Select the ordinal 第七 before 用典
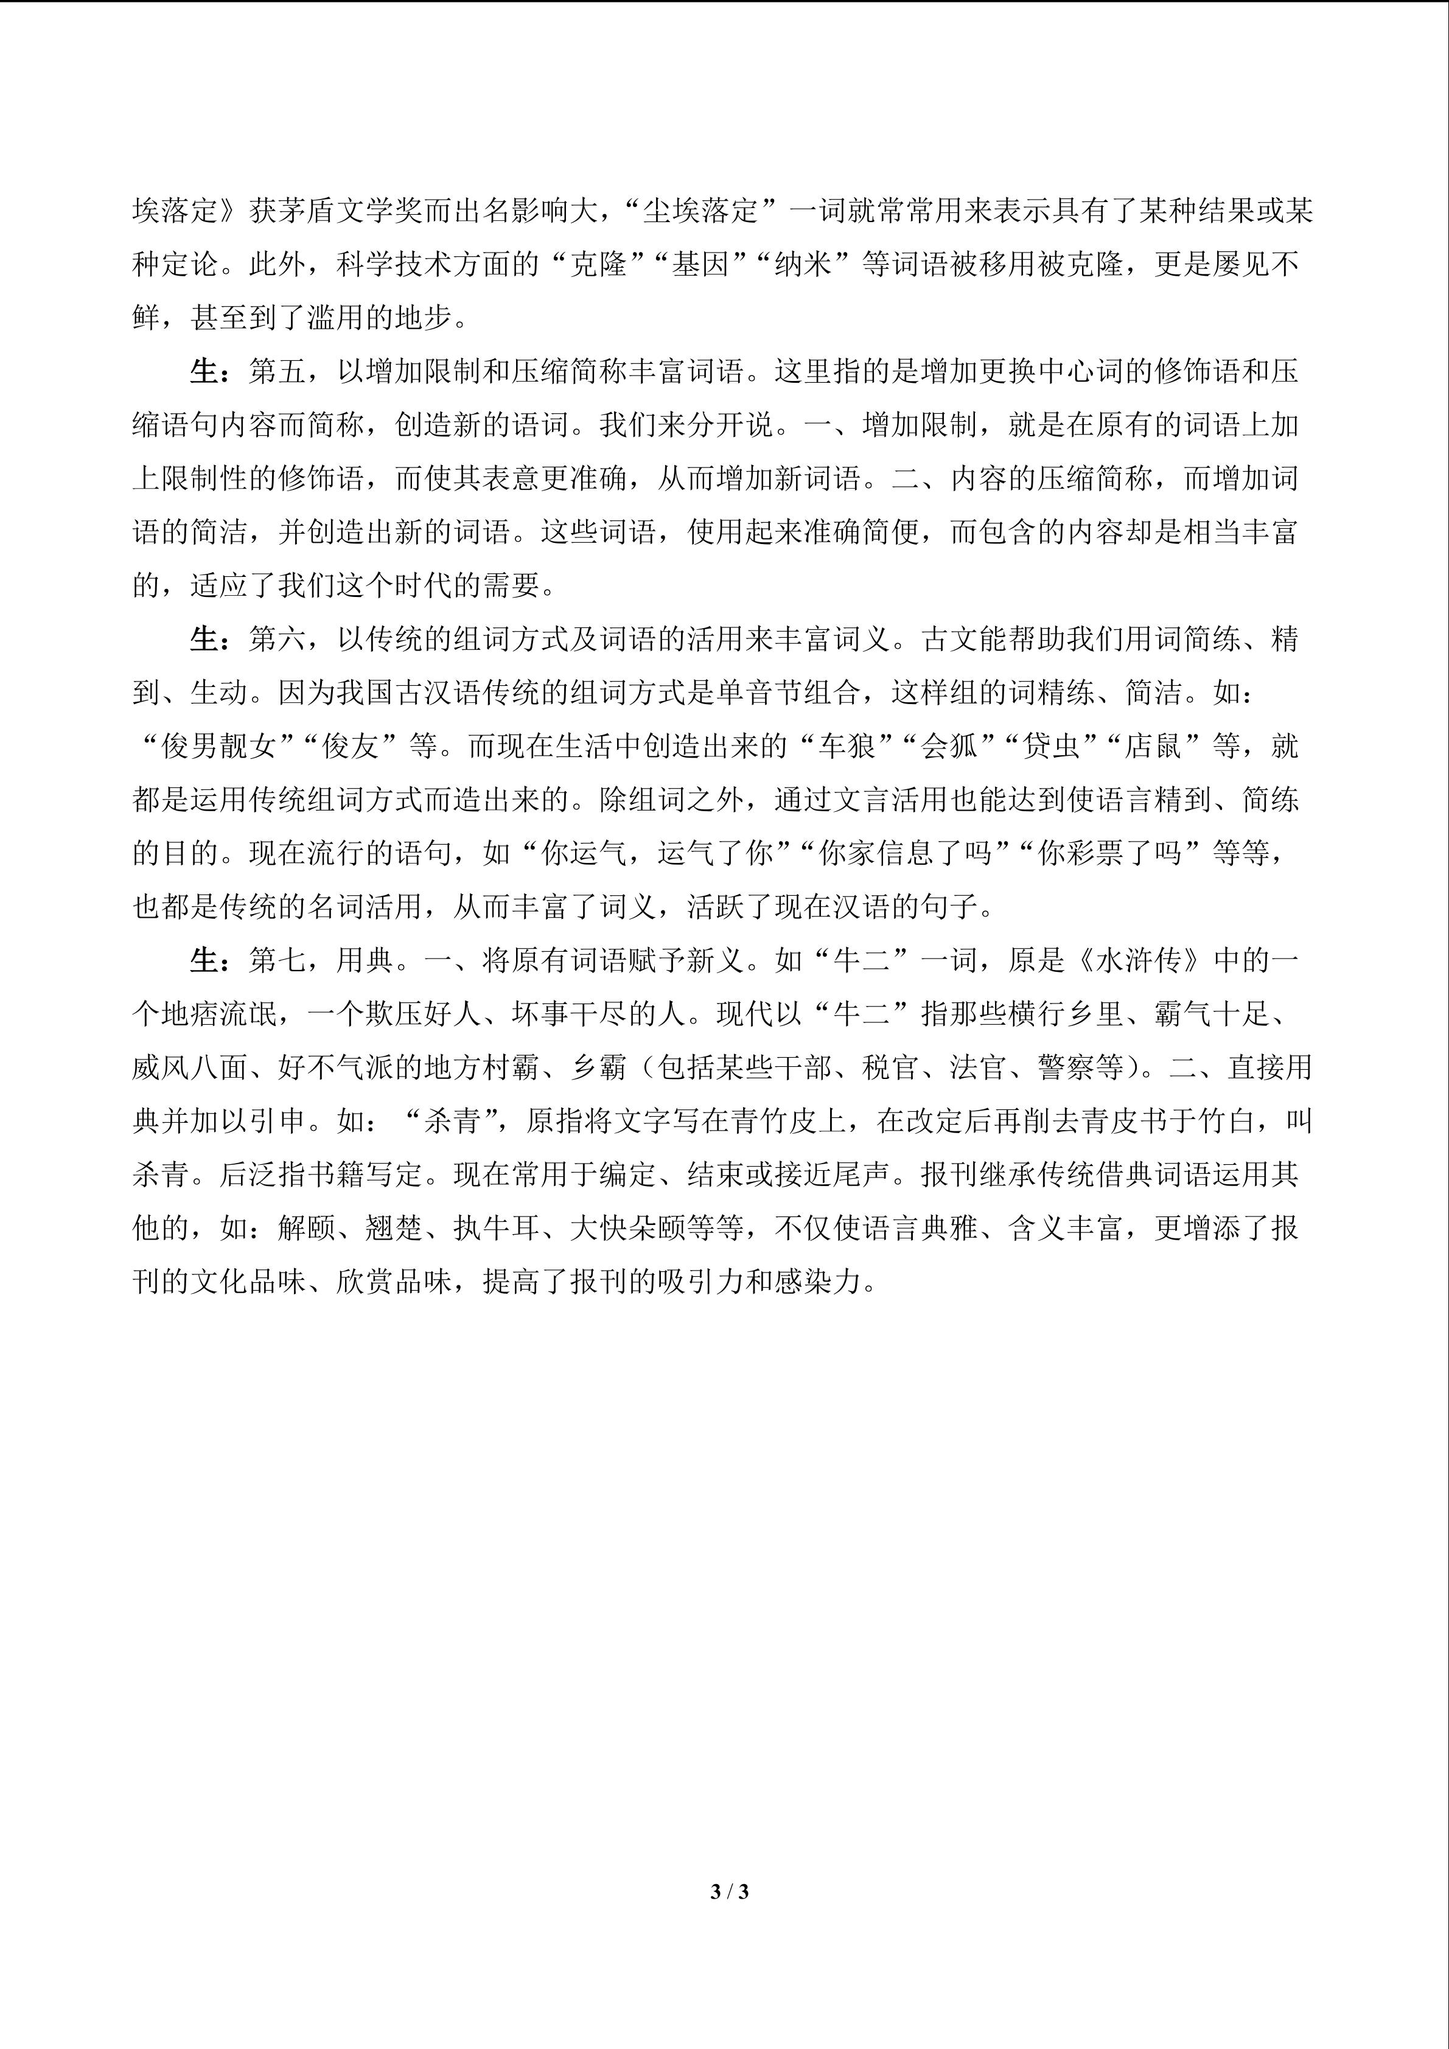[278, 961]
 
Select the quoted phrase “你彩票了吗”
[1110, 854]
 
